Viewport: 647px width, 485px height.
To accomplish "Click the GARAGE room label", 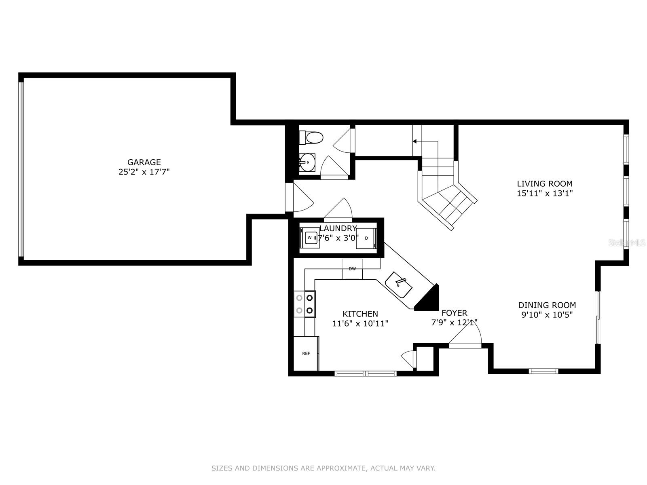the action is click(x=144, y=162).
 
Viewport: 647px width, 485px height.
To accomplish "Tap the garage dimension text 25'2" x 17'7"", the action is click(x=144, y=172).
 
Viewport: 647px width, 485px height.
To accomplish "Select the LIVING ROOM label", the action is click(x=545, y=183).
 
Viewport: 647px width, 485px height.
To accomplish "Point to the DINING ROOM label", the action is click(x=547, y=305).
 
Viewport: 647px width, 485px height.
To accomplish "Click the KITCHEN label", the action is click(x=360, y=314).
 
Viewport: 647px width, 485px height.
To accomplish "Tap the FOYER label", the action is click(x=454, y=313).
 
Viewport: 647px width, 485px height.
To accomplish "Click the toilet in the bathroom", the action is click(x=311, y=137).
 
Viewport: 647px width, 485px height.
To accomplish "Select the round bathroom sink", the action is click(x=307, y=162).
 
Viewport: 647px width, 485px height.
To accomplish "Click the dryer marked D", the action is click(x=366, y=238).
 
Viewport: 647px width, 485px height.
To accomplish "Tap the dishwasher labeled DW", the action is click(x=352, y=269).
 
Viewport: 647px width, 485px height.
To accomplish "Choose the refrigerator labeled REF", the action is click(x=306, y=353).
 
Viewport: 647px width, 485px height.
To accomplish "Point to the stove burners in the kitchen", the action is click(x=305, y=304).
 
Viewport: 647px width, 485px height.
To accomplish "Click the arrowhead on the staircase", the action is click(x=415, y=141).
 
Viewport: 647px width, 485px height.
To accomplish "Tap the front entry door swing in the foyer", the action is click(x=465, y=333).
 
